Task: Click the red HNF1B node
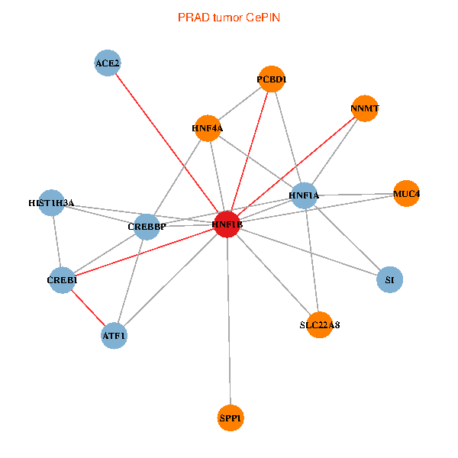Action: (227, 224)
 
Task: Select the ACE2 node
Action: (108, 63)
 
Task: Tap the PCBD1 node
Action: (272, 79)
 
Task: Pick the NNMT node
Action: (365, 108)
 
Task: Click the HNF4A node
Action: (208, 128)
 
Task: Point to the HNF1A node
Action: (304, 196)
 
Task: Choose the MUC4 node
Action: (406, 194)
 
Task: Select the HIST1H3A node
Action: (51, 203)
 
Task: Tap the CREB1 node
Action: (63, 280)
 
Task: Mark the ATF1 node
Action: (114, 336)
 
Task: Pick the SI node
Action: (389, 280)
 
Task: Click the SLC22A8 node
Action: (320, 324)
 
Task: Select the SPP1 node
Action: (231, 418)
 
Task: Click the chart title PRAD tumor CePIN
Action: (228, 17)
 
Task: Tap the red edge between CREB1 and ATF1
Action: (88, 308)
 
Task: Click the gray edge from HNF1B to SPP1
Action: (228, 321)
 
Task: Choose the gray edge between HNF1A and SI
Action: (347, 238)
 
